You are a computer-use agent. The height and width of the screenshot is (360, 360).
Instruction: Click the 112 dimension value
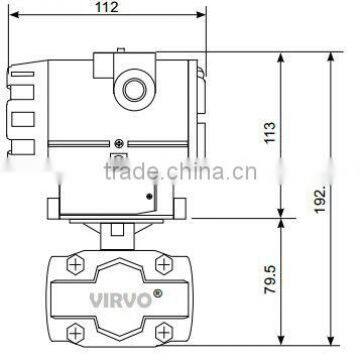pyautogui.click(x=107, y=7)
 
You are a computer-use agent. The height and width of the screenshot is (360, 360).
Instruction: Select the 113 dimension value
pyautogui.click(x=270, y=132)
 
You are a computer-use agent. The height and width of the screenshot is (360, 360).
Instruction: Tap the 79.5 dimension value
pyautogui.click(x=270, y=279)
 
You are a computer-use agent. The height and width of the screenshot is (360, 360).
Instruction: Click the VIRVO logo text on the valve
pyautogui.click(x=120, y=300)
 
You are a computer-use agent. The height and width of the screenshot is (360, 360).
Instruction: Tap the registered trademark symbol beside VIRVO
pyautogui.click(x=157, y=293)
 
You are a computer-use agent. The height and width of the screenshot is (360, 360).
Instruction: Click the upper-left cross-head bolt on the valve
pyautogui.click(x=76, y=265)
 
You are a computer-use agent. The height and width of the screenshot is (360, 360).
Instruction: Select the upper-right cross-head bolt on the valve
pyautogui.click(x=164, y=265)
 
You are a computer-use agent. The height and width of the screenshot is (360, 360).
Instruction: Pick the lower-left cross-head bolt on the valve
pyautogui.click(x=76, y=332)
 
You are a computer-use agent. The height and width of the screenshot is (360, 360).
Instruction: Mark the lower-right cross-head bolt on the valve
pyautogui.click(x=164, y=332)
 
